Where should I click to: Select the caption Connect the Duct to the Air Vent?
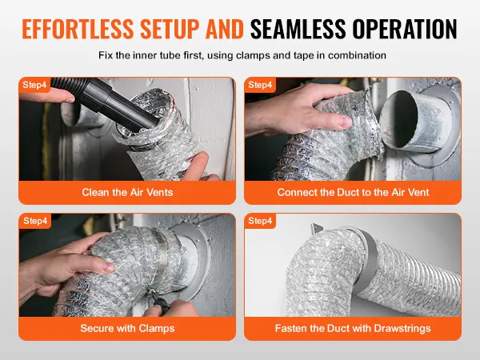point(353,193)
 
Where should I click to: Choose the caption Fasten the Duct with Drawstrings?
point(353,328)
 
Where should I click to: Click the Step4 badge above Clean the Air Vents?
point(35,85)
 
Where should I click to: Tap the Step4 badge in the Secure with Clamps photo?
point(35,221)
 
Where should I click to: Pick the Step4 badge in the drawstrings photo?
point(261,221)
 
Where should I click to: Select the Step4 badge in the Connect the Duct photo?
point(261,85)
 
